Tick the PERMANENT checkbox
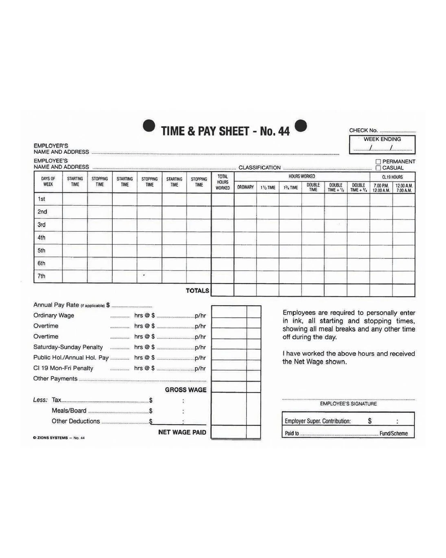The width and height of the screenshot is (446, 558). (x=378, y=162)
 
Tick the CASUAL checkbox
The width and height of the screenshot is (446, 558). (x=378, y=168)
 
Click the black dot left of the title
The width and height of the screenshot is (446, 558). (x=149, y=126)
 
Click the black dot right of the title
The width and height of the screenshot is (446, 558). (x=301, y=126)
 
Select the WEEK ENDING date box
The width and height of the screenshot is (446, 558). (x=382, y=144)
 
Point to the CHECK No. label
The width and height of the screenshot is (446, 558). (x=363, y=130)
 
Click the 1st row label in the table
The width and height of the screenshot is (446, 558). (x=41, y=199)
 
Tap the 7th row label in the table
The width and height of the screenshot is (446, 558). (x=41, y=276)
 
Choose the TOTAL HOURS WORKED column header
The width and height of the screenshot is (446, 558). (x=223, y=182)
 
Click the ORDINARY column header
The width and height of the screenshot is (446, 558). (x=245, y=187)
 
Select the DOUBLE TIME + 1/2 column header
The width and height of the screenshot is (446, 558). (x=336, y=187)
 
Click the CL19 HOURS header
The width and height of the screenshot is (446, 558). (x=392, y=177)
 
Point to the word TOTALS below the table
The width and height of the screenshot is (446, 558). (x=197, y=291)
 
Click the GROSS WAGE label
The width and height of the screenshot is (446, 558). (x=186, y=390)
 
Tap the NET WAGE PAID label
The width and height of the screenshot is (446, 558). (x=182, y=432)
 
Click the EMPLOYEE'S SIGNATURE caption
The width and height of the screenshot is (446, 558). (x=348, y=404)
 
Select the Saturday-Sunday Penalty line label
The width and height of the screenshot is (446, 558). (x=68, y=347)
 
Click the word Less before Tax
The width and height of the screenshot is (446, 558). (x=40, y=400)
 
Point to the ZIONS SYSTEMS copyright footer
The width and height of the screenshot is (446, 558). (x=59, y=438)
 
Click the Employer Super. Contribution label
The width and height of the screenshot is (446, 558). (x=317, y=421)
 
